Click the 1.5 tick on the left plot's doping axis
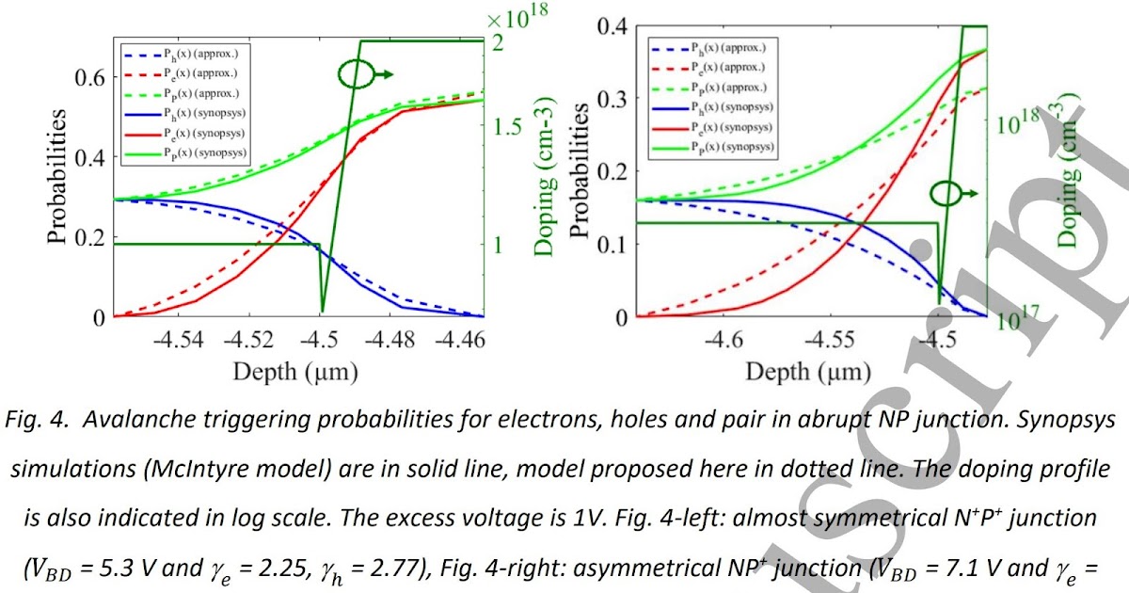click(x=508, y=125)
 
